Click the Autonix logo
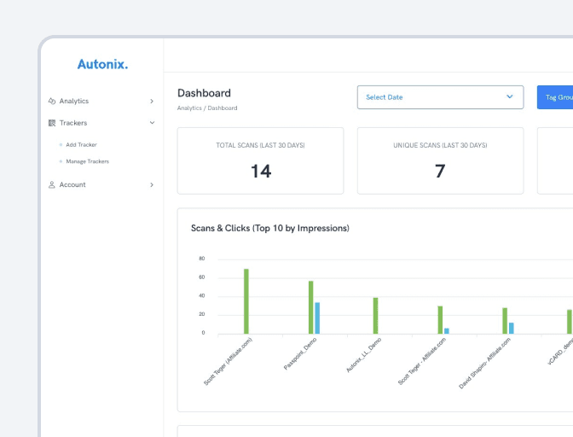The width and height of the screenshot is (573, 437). click(102, 64)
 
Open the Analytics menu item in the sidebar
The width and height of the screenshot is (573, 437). click(73, 101)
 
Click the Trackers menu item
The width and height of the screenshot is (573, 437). click(73, 123)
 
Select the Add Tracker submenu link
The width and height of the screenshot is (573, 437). click(81, 145)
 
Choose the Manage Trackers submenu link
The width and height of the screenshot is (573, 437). click(87, 161)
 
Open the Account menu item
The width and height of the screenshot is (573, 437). click(72, 184)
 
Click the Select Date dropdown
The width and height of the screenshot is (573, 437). click(440, 97)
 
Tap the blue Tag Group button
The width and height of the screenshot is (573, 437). click(556, 97)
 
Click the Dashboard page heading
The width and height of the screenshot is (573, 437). click(204, 93)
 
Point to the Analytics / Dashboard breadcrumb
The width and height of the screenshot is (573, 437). click(207, 108)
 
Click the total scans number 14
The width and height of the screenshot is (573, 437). click(260, 171)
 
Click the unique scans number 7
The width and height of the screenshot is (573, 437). click(440, 171)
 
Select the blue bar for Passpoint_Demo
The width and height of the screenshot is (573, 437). click(317, 318)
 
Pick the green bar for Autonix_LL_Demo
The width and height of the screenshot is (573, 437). click(375, 316)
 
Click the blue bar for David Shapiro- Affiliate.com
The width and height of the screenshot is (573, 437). click(511, 328)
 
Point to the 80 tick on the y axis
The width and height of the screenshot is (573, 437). click(201, 259)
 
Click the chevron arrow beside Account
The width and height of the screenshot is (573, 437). click(152, 184)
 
